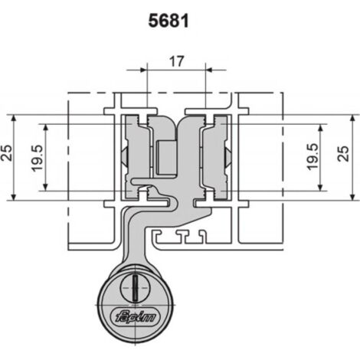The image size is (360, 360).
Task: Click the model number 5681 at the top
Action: coord(169,21)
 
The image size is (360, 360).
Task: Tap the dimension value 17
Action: coord(176,61)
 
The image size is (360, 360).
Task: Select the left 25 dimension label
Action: coord(7,153)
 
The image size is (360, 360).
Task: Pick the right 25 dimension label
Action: coord(343,153)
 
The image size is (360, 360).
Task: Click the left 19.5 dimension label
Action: coord(38,159)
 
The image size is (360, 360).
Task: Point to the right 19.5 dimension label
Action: coord(313,157)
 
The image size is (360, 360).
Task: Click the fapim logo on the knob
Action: coord(135,317)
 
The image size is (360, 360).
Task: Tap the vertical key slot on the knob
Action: coord(136,287)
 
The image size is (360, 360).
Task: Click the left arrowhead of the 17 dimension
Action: coord(143,70)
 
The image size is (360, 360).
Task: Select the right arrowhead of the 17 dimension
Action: coord(209,70)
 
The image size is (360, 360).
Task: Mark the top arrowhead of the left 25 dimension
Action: coord(14,119)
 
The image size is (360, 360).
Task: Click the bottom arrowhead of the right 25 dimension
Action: coord(352,197)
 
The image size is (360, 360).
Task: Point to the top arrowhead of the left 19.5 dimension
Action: coord(46,128)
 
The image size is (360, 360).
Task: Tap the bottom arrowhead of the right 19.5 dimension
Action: coord(321,187)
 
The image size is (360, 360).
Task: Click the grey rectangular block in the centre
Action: coord(166,158)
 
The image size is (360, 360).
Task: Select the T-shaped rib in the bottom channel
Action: coord(189,236)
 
